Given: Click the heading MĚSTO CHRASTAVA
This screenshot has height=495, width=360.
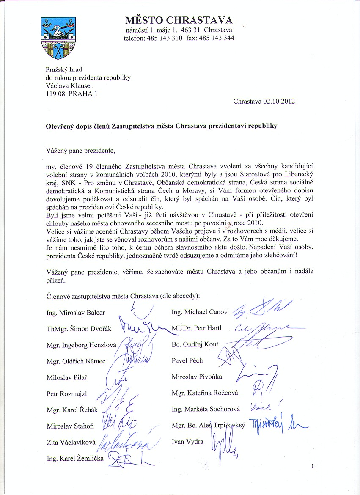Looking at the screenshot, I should pos(179,20).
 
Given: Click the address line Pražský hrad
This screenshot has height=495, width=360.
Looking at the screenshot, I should pos(64,69).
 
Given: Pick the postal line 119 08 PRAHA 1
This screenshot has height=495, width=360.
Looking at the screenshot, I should pos(71,93).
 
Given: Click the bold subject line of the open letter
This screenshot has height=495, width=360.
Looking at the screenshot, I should pos(161,126).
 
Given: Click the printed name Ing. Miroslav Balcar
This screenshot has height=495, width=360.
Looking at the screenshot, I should pos(76,313).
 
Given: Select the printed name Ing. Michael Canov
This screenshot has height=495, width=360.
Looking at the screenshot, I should pos(200,312).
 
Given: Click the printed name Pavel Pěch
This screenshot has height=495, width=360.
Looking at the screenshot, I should pos(187,360).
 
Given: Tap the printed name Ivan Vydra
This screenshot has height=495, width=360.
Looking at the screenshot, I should pos(187,442).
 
